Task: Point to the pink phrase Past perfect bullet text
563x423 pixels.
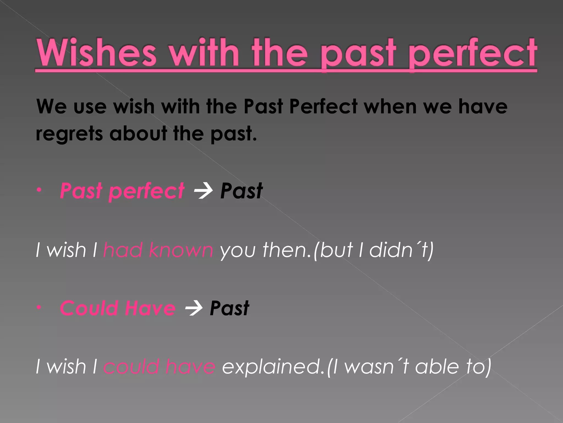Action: pos(122,191)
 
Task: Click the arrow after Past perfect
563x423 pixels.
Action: pos(203,191)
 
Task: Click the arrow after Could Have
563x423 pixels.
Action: pos(194,308)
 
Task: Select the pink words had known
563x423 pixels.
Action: pos(158,250)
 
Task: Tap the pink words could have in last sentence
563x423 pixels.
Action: pos(159,367)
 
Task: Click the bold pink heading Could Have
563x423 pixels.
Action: pos(118,308)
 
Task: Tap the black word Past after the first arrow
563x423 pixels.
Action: pos(241,191)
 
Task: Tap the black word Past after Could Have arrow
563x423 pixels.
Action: pos(229,308)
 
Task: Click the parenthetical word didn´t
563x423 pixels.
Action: pos(398,250)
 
